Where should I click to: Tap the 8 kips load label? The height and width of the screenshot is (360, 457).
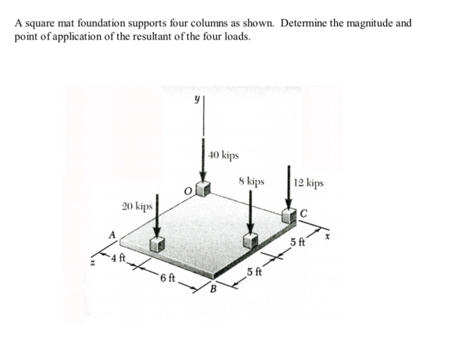point(251,181)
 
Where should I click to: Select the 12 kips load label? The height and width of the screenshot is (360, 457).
point(308,183)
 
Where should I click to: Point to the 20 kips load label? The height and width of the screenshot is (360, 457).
point(137,206)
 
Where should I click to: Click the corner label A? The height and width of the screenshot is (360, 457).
point(112,233)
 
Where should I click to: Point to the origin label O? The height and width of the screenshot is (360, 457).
point(187,191)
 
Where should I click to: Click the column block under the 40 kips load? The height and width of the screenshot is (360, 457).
point(204,189)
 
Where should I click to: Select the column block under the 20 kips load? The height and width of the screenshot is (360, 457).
point(156,244)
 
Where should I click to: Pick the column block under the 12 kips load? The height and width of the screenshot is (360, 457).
point(288,218)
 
